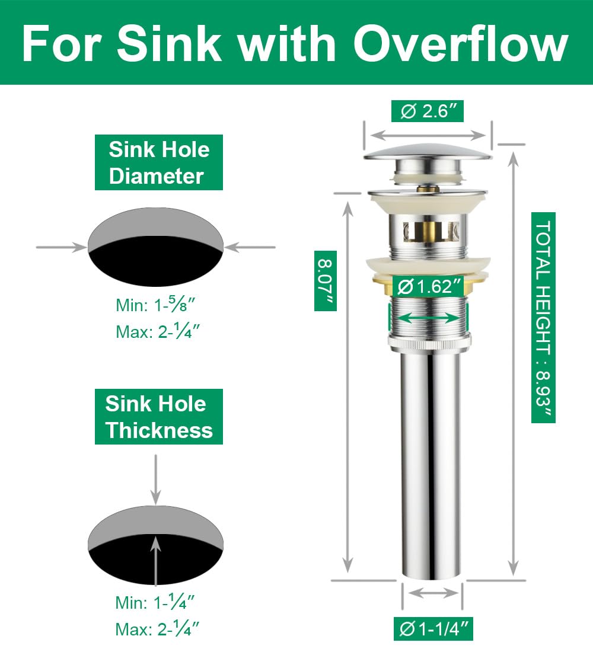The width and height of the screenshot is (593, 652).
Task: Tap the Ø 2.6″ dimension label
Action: click(x=428, y=111)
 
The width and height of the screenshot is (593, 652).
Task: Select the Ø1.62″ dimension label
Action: click(x=429, y=287)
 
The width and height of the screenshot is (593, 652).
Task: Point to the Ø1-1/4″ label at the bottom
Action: click(x=433, y=629)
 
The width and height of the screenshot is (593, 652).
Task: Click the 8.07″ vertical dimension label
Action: click(x=325, y=281)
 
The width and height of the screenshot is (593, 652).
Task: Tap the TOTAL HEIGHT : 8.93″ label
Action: click(x=543, y=318)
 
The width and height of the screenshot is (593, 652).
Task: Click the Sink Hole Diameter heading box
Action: click(x=159, y=162)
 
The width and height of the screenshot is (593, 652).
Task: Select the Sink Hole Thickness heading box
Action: click(x=159, y=417)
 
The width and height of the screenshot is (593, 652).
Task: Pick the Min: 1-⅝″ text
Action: click(x=155, y=305)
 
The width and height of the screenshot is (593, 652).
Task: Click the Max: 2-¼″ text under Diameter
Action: click(x=158, y=331)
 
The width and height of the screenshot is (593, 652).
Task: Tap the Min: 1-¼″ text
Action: click(x=155, y=602)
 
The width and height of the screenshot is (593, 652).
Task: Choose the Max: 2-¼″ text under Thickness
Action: click(x=158, y=629)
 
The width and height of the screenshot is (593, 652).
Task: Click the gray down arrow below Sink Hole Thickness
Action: click(x=155, y=480)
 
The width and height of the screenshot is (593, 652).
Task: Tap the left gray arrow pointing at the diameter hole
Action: click(x=62, y=247)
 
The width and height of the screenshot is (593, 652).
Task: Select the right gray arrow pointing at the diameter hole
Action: click(x=250, y=247)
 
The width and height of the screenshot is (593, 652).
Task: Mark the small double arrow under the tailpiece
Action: click(x=433, y=593)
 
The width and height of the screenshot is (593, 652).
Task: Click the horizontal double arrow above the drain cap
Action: click(x=428, y=136)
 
